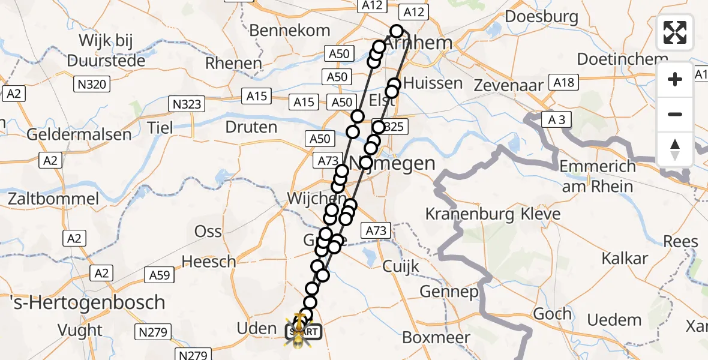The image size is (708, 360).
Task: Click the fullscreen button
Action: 675,32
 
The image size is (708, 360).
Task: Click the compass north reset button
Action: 675,149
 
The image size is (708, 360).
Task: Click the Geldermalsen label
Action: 79,134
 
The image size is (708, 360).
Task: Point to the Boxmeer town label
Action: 436,337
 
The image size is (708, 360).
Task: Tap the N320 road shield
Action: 92,85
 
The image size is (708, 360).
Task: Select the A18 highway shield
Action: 564,83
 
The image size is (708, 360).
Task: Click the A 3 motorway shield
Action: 556,120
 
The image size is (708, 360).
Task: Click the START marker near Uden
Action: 304,331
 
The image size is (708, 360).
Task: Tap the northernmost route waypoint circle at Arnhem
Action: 397,31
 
